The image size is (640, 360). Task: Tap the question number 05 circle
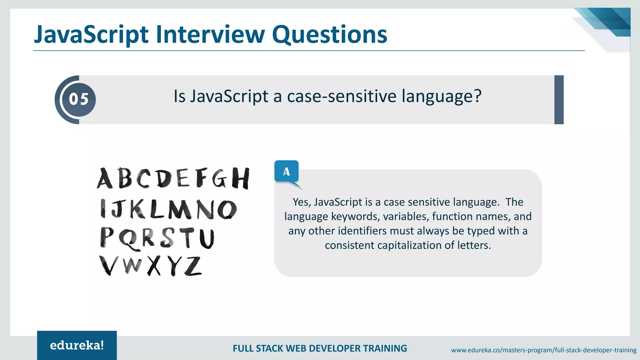(x=79, y=99)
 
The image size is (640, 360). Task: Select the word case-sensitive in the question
(x=342, y=96)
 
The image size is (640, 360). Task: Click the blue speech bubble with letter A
(x=286, y=172)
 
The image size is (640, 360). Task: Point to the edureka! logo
(x=77, y=345)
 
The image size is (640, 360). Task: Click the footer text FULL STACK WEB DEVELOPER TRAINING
(x=320, y=348)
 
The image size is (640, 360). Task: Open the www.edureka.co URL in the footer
(x=543, y=350)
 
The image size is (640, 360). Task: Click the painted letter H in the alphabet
(x=241, y=178)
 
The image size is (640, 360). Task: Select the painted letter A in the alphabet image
(x=105, y=178)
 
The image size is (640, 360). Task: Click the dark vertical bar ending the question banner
(x=559, y=100)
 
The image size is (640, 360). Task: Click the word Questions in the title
(x=329, y=34)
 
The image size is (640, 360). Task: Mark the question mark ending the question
(x=478, y=96)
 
